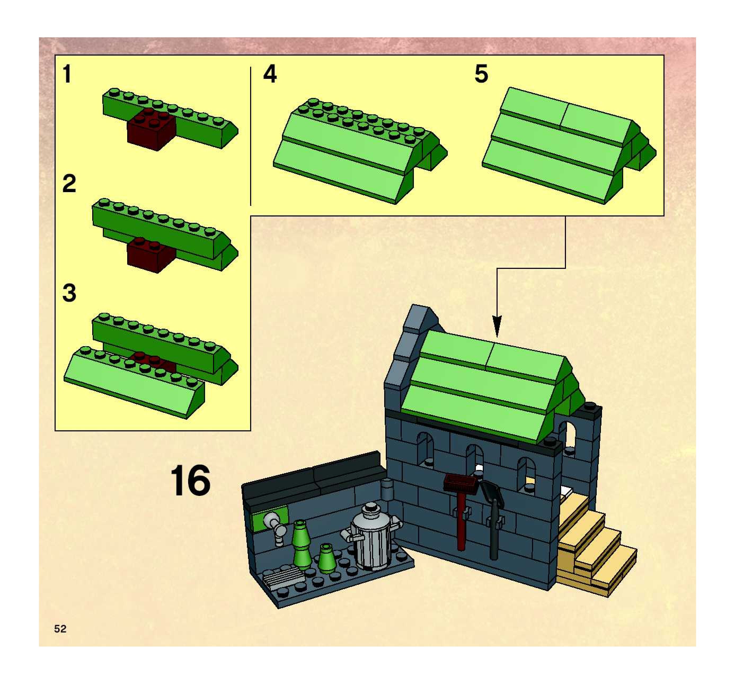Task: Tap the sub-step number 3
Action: [69, 293]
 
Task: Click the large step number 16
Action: [191, 481]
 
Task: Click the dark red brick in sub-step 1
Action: [152, 130]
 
